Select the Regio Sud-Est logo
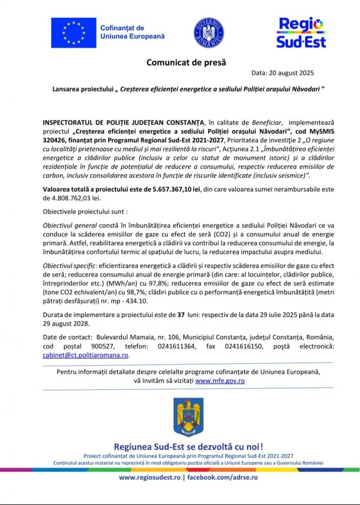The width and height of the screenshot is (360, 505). point(300,32)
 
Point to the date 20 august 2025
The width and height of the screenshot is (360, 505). point(291,74)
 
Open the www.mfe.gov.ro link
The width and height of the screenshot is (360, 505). point(220,381)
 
